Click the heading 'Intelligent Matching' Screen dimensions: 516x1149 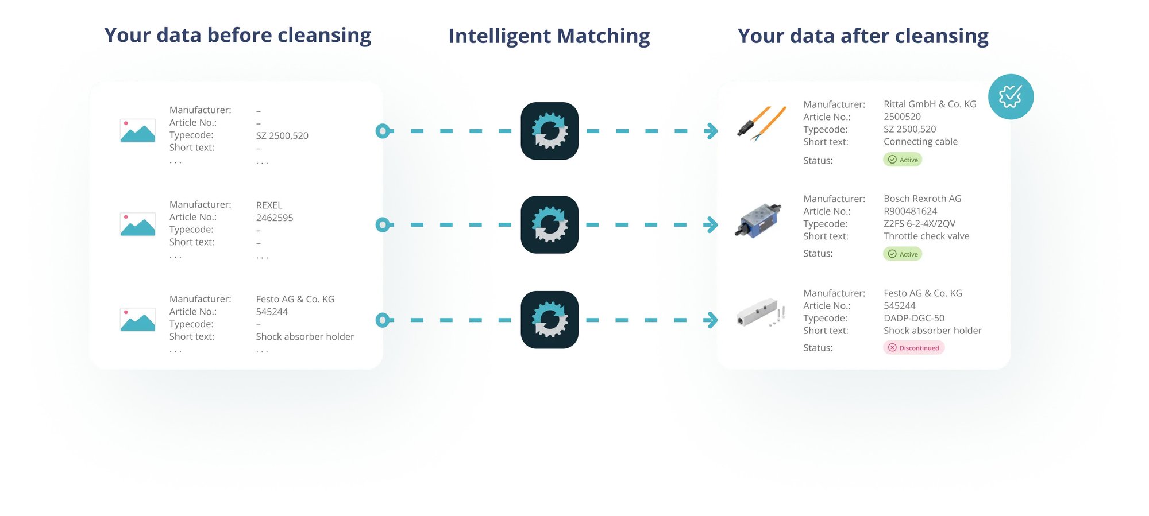click(549, 36)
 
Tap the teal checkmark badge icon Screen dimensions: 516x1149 click(1011, 96)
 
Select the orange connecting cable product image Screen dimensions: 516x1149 click(762, 123)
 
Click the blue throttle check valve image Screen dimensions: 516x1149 click(759, 220)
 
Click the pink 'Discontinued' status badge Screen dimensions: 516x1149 click(913, 348)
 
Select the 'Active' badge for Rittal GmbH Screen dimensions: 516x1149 click(903, 160)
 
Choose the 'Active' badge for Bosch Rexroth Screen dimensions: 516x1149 click(903, 254)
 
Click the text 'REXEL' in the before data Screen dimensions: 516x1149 click(269, 205)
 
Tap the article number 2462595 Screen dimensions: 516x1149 click(275, 218)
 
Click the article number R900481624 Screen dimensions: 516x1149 click(910, 211)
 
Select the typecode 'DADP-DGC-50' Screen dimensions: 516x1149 click(913, 318)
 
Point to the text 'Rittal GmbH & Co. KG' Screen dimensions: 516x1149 click(930, 104)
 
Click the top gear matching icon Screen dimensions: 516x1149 click(549, 131)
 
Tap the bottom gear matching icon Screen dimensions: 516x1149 click(549, 320)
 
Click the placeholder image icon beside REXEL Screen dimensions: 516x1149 click(137, 224)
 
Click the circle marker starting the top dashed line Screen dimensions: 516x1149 click(383, 131)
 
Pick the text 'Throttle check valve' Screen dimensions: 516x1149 click(926, 236)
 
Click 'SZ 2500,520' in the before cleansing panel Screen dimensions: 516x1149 click(282, 136)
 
